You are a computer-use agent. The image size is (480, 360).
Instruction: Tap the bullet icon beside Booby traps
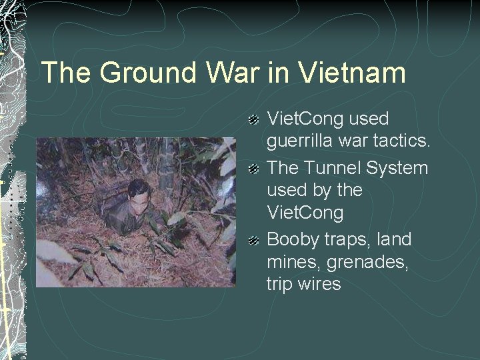pos(253,239)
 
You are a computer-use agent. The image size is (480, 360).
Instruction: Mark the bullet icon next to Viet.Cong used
pos(253,119)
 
